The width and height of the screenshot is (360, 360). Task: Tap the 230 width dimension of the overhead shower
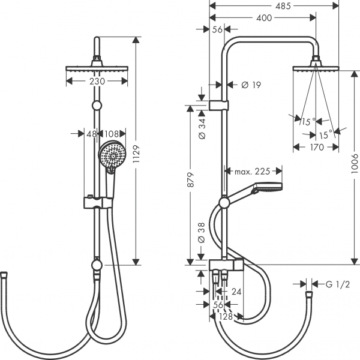97,81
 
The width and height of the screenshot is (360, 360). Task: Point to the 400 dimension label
264,17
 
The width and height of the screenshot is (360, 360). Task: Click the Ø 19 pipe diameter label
250,85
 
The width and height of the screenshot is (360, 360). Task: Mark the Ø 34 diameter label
202,128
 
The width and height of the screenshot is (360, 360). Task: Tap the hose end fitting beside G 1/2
308,296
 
